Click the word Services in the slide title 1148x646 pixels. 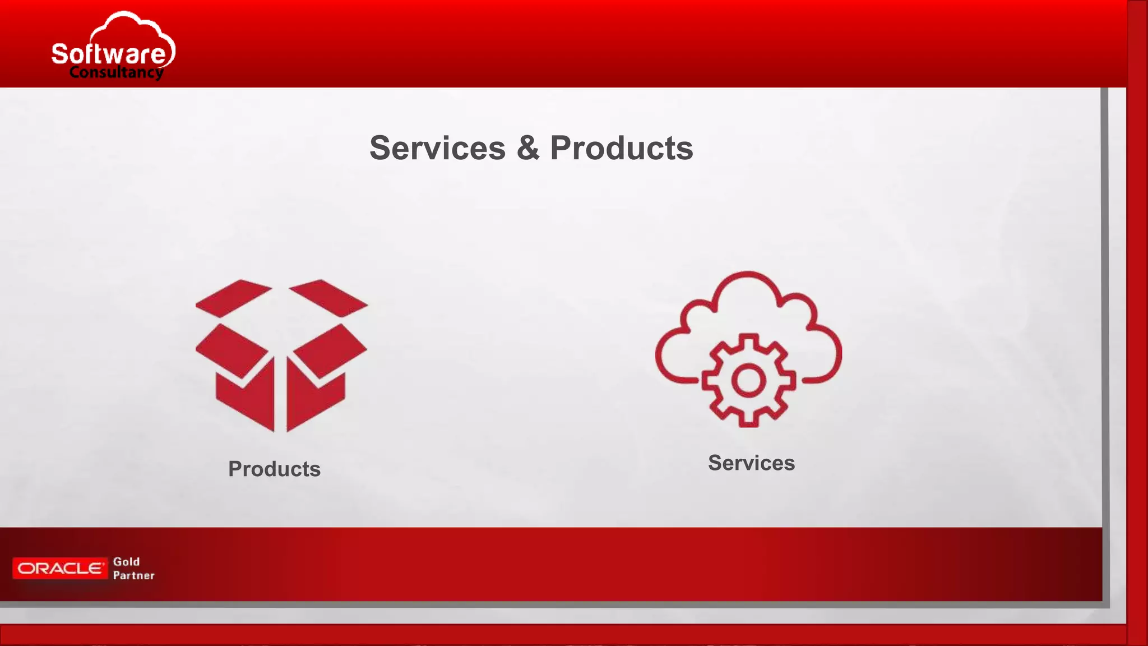click(x=437, y=148)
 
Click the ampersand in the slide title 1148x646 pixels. click(x=528, y=148)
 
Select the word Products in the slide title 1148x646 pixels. click(x=621, y=148)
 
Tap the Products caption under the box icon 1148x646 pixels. click(x=274, y=469)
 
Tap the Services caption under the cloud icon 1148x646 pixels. click(x=751, y=463)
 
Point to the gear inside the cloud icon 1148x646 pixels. click(x=748, y=380)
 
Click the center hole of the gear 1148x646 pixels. click(x=748, y=381)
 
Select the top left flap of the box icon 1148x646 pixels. click(x=233, y=297)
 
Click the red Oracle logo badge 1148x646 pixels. click(x=60, y=569)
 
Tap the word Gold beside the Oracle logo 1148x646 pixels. click(x=127, y=561)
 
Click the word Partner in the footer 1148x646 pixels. click(x=133, y=575)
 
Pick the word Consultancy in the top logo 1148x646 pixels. click(x=116, y=72)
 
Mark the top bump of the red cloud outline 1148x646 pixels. click(x=747, y=275)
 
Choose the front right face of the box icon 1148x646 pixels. click(x=315, y=401)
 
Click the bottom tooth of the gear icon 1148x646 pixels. click(x=748, y=421)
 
